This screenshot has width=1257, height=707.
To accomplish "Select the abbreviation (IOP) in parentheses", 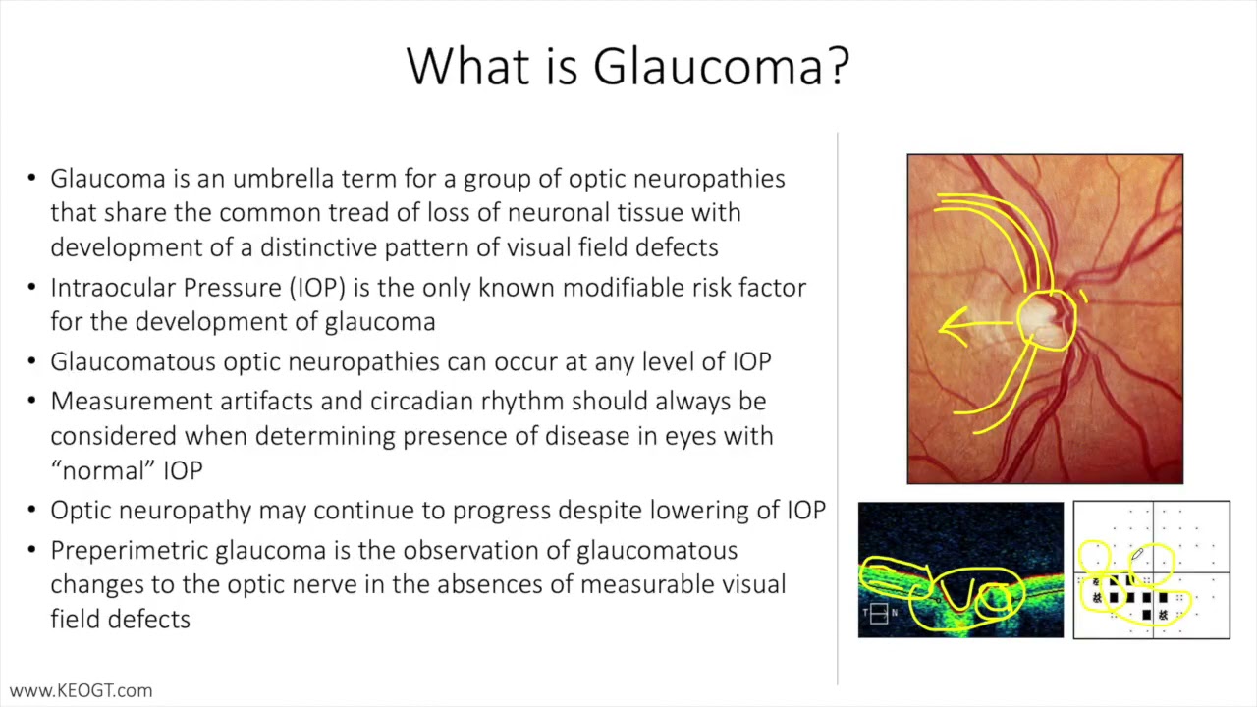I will point(317,288).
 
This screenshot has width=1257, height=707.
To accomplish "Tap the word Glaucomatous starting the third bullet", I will point(133,361).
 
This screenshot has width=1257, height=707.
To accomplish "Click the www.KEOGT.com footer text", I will point(81,691).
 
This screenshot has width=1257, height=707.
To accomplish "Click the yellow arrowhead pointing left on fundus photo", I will point(948,325).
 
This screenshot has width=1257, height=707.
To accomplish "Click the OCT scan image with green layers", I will point(960,570).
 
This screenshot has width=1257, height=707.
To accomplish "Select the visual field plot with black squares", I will point(1151,570).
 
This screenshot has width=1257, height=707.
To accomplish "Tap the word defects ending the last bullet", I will point(153,619).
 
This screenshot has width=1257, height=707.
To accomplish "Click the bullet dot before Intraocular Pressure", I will point(30,288).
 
